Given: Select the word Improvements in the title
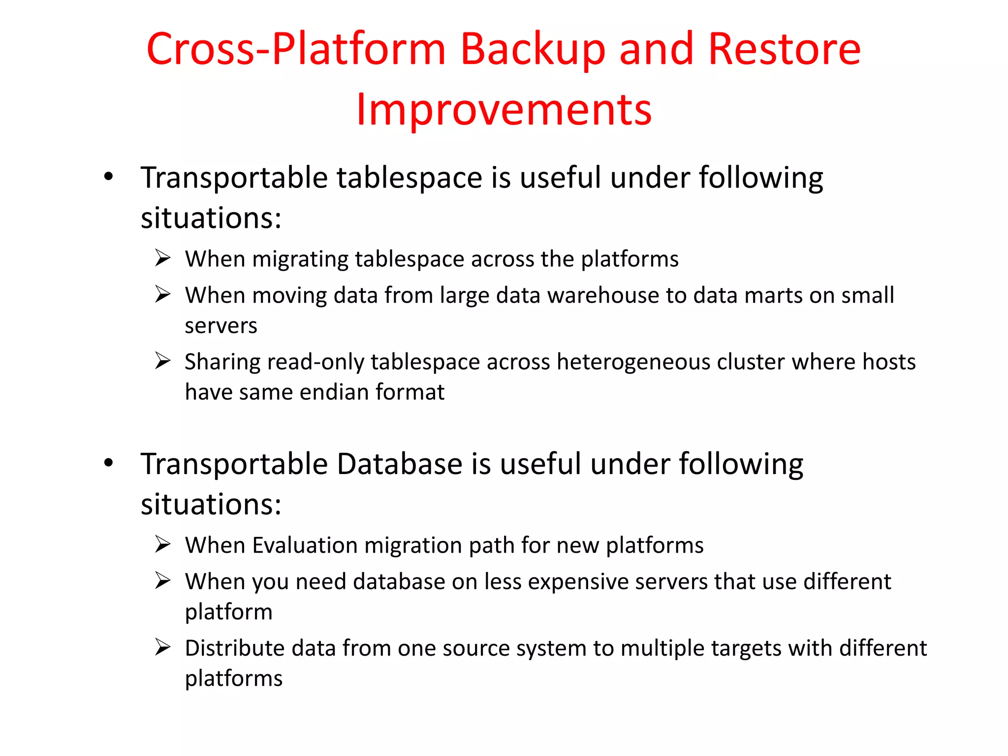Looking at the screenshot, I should (504, 109).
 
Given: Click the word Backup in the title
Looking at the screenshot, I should (532, 49).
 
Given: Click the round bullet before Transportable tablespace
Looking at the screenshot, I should (109, 176).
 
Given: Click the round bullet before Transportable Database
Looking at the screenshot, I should (109, 463).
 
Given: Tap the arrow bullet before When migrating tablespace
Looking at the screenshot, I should (162, 258).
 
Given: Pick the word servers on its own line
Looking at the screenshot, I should (221, 326).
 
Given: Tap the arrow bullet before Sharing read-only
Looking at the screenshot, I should (162, 361).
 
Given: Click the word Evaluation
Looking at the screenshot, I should (305, 545).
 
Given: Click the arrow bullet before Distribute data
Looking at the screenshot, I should (162, 647).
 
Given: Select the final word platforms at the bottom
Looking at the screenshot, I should (234, 679).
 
